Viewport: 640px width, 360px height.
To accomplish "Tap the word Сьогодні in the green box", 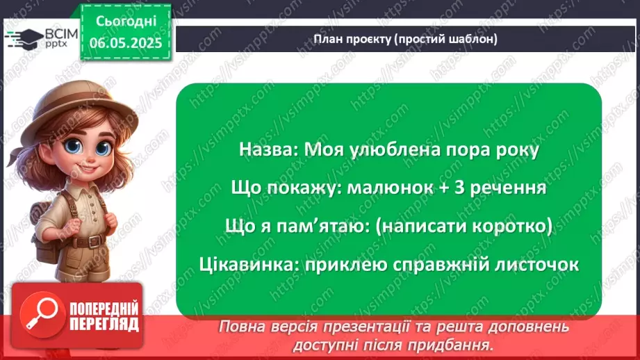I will [x=125, y=21].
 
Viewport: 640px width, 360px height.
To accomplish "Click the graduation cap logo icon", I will [x=22, y=39].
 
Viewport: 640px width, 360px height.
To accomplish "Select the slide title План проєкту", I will [x=351, y=40].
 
